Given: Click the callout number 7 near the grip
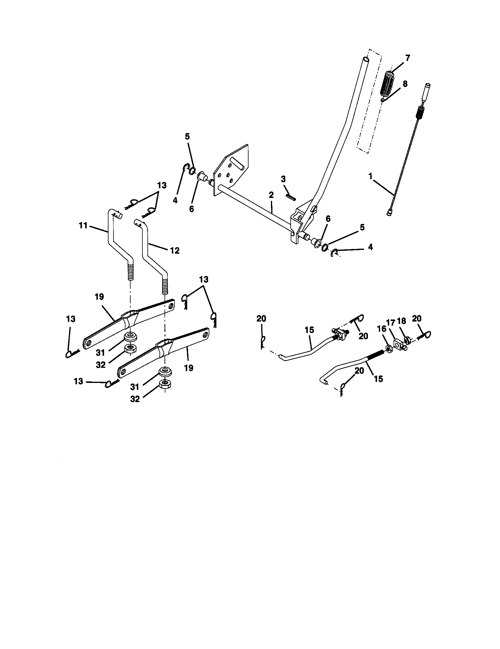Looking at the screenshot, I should [x=407, y=58].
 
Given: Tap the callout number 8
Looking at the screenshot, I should [x=405, y=84].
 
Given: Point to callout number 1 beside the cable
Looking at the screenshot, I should [x=370, y=176].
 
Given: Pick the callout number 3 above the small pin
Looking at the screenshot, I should [x=283, y=179].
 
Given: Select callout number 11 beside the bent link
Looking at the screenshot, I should [x=83, y=226].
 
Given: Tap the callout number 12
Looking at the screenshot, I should [x=175, y=250].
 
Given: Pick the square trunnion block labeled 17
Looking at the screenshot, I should [x=398, y=344].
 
